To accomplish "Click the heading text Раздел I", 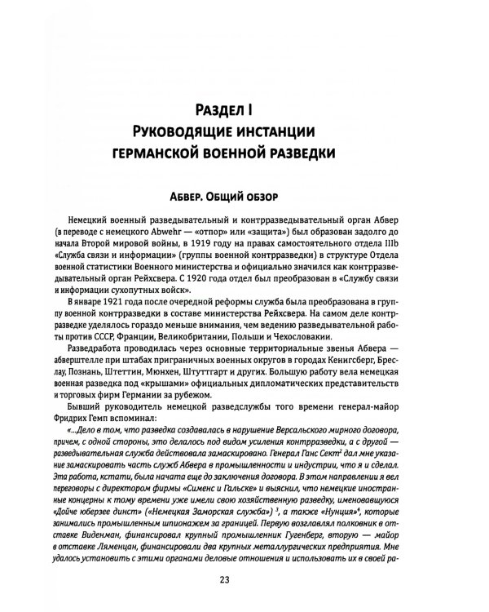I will coord(244,108).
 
